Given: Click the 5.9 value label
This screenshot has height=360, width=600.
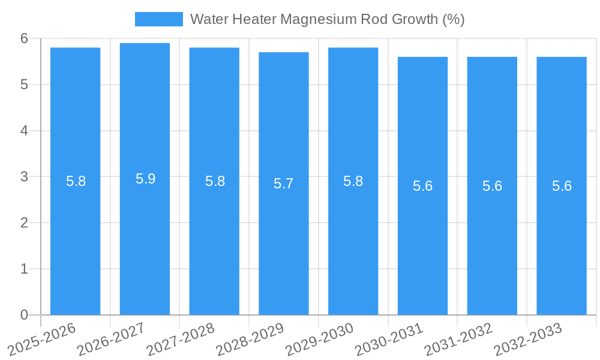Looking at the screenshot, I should pyautogui.click(x=145, y=179).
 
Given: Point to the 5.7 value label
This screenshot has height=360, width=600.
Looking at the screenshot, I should pyautogui.click(x=284, y=184).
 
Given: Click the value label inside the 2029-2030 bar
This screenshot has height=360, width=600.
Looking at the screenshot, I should pyautogui.click(x=353, y=181).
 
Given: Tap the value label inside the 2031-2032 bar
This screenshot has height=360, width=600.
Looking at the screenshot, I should pyautogui.click(x=492, y=186).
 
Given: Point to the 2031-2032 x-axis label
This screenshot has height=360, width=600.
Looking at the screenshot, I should pyautogui.click(x=459, y=339).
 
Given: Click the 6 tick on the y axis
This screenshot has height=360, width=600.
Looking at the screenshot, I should pyautogui.click(x=25, y=38).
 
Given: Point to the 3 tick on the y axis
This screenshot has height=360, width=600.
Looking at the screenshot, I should pyautogui.click(x=25, y=177).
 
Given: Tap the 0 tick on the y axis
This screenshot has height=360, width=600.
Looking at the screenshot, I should pyautogui.click(x=25, y=315).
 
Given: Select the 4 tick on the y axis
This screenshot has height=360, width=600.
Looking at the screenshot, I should pyautogui.click(x=25, y=131).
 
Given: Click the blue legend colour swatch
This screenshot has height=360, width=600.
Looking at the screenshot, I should pyautogui.click(x=159, y=19).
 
